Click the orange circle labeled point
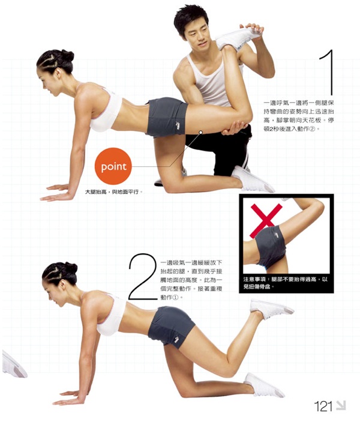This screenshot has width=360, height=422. pos(113,166)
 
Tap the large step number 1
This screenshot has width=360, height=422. pos(328,72)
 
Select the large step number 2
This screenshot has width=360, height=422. pos(142,276)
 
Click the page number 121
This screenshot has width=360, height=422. pos(323,406)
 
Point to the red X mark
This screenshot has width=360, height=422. pos(266,220)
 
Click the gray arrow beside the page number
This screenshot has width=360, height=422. pos(341,405)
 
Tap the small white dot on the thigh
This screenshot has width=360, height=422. pos(201,132)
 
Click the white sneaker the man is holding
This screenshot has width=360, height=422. pos(238,38)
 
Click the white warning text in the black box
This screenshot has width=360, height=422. pos(286,283)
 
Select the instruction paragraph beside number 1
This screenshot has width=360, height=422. pos(299,116)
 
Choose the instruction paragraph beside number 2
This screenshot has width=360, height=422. pos(191,280)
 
